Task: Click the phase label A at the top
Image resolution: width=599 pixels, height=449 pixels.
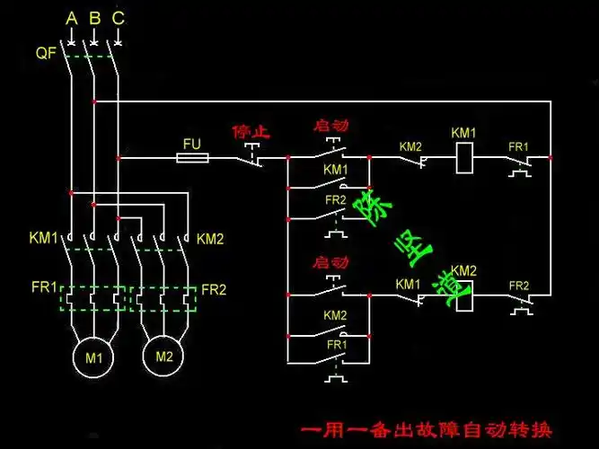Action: tap(72, 17)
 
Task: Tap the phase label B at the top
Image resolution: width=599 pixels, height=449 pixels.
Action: tap(94, 17)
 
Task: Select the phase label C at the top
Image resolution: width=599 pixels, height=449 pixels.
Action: tap(118, 17)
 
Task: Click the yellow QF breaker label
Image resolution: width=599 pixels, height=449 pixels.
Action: tap(46, 54)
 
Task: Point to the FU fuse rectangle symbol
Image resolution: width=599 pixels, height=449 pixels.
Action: tap(192, 158)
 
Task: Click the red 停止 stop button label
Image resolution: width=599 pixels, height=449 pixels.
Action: tap(251, 131)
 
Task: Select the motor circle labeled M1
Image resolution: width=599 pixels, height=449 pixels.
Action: tap(94, 357)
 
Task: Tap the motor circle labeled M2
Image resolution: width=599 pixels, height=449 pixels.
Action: tap(163, 356)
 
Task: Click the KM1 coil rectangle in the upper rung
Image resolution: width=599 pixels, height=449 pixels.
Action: tap(464, 158)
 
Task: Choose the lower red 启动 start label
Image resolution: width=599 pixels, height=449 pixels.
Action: tap(330, 263)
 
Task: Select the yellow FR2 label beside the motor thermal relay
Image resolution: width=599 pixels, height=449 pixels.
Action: tap(214, 289)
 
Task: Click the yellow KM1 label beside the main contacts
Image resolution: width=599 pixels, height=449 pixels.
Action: tap(43, 238)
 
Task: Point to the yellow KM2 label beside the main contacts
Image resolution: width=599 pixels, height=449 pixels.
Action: tap(210, 239)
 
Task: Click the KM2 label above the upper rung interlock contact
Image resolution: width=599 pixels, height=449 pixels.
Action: tap(410, 145)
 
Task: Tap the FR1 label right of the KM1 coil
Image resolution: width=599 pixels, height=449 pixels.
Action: tap(519, 145)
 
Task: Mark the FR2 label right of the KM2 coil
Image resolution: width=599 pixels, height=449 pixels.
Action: tap(519, 286)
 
